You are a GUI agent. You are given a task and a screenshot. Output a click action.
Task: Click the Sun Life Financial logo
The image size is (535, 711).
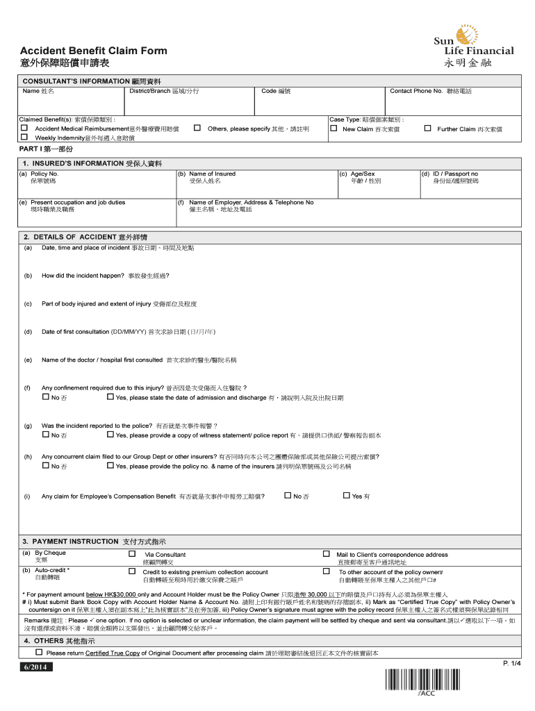tap(473, 49)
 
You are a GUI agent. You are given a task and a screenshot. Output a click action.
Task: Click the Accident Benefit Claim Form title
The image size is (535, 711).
tap(93, 51)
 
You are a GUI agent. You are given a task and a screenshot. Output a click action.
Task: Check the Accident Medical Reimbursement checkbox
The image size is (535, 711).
tap(24, 128)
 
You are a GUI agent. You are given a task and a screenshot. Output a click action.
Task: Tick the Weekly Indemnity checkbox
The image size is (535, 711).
tap(24, 137)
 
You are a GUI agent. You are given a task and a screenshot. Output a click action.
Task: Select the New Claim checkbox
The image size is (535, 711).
tap(334, 128)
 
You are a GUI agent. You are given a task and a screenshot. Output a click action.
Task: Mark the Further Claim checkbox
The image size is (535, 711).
tap(427, 128)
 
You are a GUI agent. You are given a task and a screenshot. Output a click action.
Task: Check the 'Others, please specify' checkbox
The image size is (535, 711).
tap(197, 128)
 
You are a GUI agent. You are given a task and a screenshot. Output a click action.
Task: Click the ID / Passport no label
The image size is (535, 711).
tap(455, 174)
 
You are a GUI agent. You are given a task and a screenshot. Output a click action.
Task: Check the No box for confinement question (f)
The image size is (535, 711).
tap(46, 397)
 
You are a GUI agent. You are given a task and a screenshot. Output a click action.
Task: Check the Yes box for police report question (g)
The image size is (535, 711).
tap(110, 435)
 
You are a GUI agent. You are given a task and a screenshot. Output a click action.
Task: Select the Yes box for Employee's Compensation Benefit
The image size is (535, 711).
tap(347, 495)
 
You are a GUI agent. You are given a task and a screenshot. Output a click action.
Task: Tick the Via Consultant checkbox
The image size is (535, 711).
tap(132, 554)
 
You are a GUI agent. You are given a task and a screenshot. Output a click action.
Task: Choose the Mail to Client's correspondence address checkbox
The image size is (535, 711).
tap(326, 554)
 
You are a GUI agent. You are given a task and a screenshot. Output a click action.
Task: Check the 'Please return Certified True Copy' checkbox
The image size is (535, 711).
tap(40, 653)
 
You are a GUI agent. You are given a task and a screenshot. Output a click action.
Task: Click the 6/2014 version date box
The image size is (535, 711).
tap(34, 667)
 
